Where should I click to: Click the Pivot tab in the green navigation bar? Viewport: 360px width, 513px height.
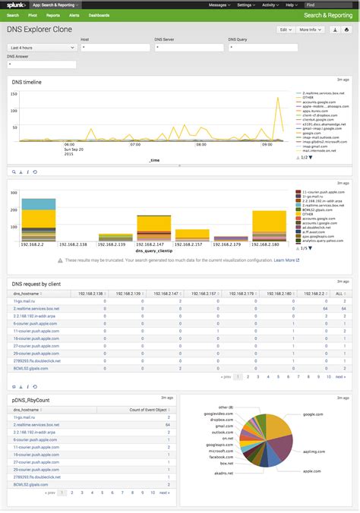pos(33,14)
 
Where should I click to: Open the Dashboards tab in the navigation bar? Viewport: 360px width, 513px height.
pos(98,14)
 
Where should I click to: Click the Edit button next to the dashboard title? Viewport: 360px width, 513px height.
pos(284,30)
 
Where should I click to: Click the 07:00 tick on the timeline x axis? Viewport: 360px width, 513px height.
pos(134,143)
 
